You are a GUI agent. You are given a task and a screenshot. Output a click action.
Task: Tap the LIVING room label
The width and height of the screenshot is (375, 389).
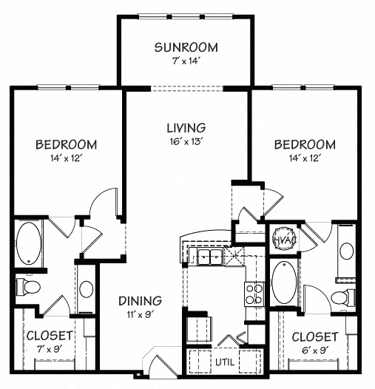coord(185,127)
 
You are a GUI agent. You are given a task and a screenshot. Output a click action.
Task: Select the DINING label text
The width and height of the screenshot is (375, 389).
coord(140,301)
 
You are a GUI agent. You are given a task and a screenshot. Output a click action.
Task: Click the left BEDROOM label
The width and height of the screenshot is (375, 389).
coord(66,143)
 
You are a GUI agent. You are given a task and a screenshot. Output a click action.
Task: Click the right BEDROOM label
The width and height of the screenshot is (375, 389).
coord(304,143)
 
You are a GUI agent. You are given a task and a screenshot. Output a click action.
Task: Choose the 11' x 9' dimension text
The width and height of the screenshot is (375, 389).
coord(139,314)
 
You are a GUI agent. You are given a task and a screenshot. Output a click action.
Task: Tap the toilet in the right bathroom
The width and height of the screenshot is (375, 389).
coord(342,297)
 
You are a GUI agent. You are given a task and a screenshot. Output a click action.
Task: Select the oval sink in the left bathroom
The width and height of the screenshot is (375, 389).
coord(86,291)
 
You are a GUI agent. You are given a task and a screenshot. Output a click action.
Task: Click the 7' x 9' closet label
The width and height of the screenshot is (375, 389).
coord(50,342)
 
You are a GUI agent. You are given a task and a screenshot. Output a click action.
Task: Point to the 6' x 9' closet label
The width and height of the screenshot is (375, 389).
coord(314,342)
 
